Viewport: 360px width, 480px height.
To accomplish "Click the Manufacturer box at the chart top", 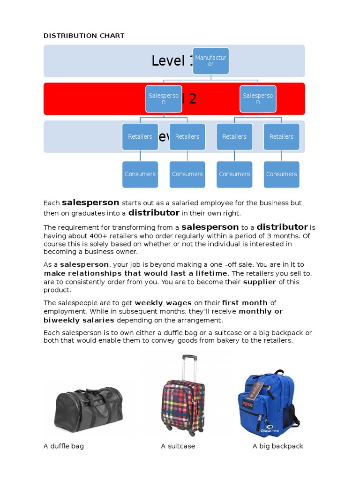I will click(x=210, y=61).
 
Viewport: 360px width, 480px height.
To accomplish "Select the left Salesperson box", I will click(x=164, y=98).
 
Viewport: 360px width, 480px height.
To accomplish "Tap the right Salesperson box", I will click(x=258, y=98).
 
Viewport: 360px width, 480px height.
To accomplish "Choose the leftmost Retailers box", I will click(x=140, y=136).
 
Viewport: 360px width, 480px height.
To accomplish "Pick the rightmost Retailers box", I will click(x=281, y=136).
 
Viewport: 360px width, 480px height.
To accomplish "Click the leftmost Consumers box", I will click(x=140, y=174).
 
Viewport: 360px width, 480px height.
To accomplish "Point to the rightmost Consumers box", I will click(x=281, y=174).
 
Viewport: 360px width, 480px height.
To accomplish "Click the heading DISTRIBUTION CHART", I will click(x=84, y=36).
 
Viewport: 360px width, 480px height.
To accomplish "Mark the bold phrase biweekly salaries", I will click(x=79, y=320).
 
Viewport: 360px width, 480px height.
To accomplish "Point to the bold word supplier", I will click(x=260, y=282).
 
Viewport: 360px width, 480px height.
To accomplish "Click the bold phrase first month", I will click(x=245, y=303).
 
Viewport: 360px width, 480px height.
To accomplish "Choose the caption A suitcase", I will click(x=178, y=446).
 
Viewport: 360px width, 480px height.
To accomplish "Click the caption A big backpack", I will click(x=277, y=446).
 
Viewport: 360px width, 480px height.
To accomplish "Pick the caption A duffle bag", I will click(x=64, y=446).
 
